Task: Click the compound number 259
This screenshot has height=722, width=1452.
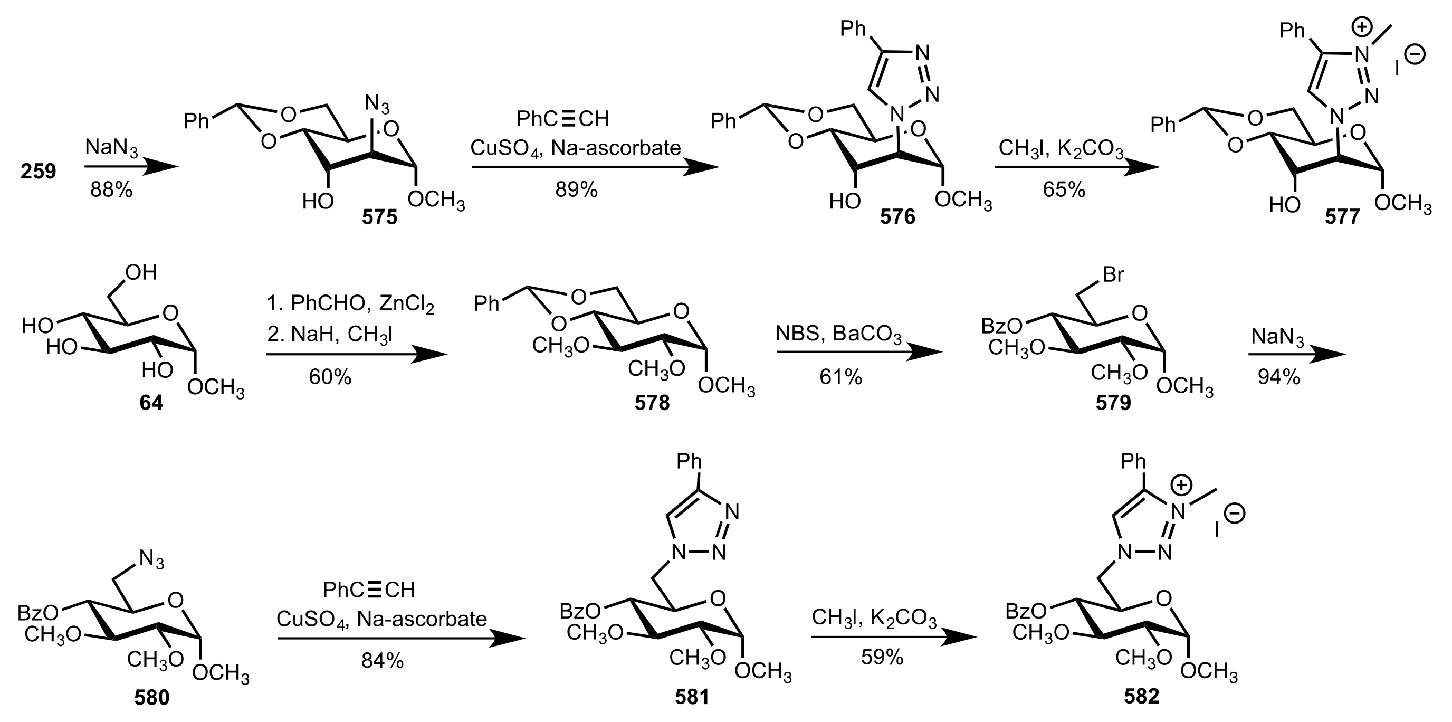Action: (x=39, y=171)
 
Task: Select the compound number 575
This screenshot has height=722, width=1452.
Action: (x=379, y=216)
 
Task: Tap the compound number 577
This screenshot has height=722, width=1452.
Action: (x=1342, y=216)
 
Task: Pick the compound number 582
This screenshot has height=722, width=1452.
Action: (x=1141, y=697)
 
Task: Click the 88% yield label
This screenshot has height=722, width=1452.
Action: (x=111, y=191)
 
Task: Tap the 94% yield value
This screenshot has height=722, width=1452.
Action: (x=1278, y=377)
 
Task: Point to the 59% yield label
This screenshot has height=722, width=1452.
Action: (x=882, y=657)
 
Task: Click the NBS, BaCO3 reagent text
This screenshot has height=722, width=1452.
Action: (x=838, y=334)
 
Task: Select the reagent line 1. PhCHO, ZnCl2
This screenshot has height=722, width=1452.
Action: (x=350, y=305)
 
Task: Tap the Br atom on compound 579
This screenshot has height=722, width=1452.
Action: (x=1113, y=275)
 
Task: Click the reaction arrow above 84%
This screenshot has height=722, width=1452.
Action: (x=401, y=639)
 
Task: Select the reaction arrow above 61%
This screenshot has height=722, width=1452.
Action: (x=859, y=352)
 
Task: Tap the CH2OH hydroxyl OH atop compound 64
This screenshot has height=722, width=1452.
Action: (x=141, y=273)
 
